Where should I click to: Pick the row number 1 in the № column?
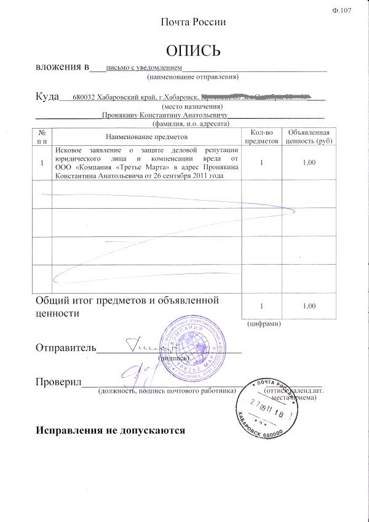pyautogui.click(x=42, y=163)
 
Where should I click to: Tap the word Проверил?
pyautogui.click(x=58, y=383)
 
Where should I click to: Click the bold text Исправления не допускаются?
pyautogui.click(x=111, y=430)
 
